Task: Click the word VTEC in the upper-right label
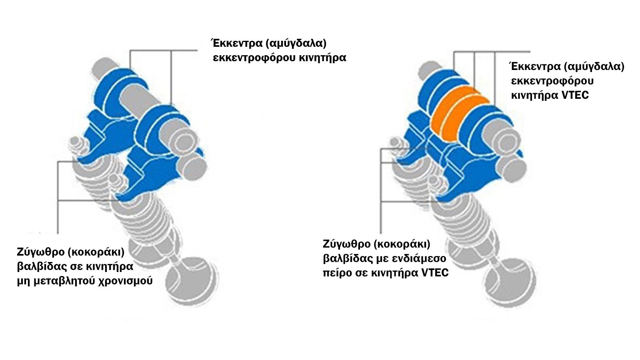pyautogui.click(x=576, y=95)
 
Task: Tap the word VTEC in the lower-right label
pyautogui.click(x=435, y=273)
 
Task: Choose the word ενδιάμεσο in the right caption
pyautogui.click(x=418, y=258)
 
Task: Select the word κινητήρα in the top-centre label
pyautogui.click(x=322, y=58)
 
